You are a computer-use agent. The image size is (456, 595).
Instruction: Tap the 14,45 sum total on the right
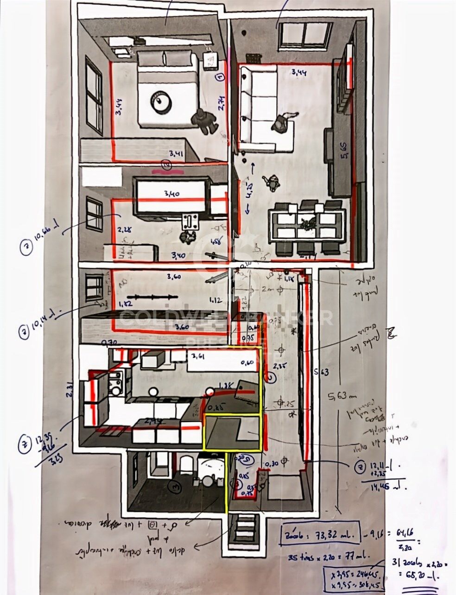point(384,487)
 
